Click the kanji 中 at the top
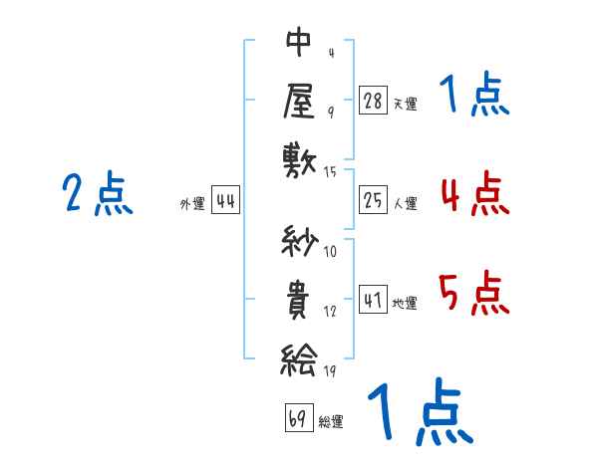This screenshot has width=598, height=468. coord(299,42)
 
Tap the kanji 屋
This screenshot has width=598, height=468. coord(299,102)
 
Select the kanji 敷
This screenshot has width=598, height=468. coord(300,161)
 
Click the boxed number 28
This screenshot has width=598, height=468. coord(373,100)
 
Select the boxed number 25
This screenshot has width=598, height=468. coord(373,200)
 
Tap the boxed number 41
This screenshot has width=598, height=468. coord(373,299)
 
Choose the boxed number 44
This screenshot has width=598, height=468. coord(225,200)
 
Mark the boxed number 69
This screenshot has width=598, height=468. coord(299,418)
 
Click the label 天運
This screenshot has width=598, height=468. coord(406,104)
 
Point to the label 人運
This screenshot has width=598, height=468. coord(406,203)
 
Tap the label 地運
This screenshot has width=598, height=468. coord(405,303)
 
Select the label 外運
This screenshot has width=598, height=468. coord(192,204)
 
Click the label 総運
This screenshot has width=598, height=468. coord(331,422)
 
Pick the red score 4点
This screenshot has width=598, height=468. coord(475,193)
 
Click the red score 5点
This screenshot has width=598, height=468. coord(474,293)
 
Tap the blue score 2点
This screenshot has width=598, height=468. coord(98,193)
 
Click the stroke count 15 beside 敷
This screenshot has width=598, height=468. coord(330,172)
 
